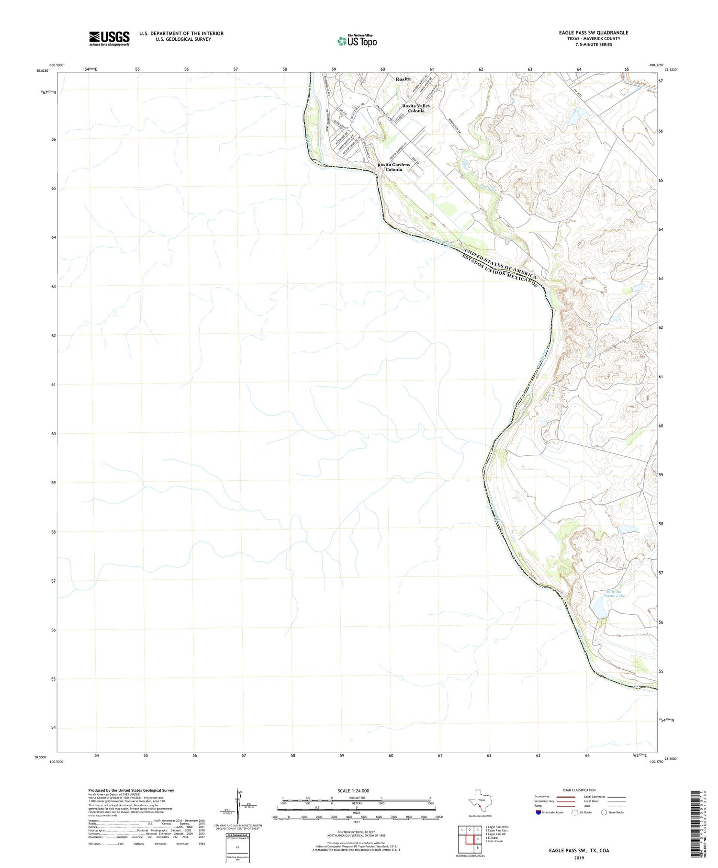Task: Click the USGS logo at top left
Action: [109, 38]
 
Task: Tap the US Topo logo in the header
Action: [357, 41]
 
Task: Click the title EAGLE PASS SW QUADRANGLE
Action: [593, 33]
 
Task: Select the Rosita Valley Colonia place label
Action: [416, 108]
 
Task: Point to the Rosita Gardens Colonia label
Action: [393, 167]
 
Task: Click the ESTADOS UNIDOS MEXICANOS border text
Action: [501, 271]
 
